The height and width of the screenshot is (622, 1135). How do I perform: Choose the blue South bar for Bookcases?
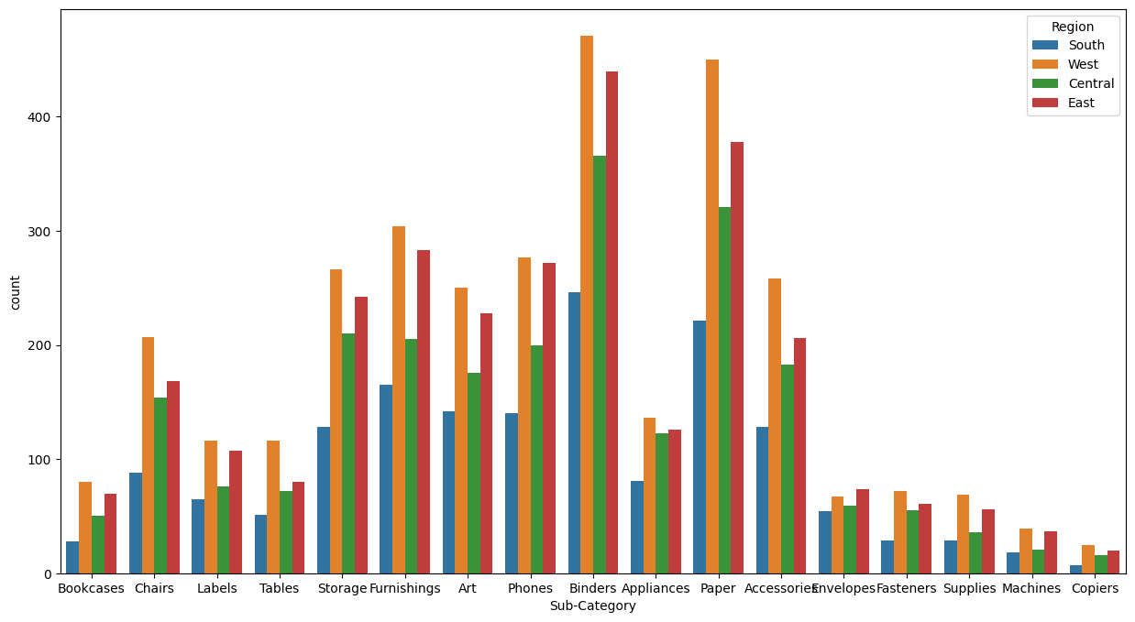[72, 557]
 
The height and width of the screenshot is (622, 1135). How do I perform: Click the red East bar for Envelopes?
[863, 531]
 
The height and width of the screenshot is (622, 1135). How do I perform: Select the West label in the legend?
[1083, 64]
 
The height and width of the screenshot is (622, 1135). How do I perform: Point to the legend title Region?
[1073, 27]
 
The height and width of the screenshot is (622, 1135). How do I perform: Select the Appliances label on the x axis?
[656, 589]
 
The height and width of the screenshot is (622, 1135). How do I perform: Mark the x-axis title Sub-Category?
[592, 606]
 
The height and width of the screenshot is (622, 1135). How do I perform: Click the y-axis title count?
[16, 292]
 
